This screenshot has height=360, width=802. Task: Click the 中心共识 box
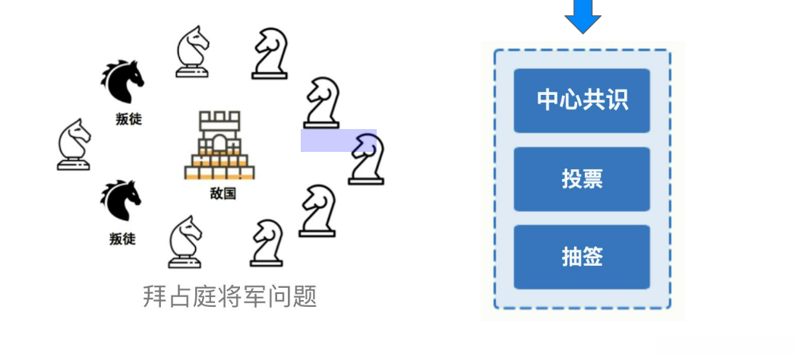tap(582, 100)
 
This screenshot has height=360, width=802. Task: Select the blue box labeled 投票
tap(582, 179)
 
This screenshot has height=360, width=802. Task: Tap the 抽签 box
tap(582, 257)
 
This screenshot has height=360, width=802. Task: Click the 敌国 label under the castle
tap(223, 194)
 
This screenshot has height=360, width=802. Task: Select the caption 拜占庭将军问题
tap(229, 296)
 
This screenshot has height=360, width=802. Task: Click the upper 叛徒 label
tap(128, 119)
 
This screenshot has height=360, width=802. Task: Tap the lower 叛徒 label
tap(122, 239)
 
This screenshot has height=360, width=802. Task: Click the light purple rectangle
tap(338, 141)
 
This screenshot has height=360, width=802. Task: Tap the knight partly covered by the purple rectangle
tap(368, 159)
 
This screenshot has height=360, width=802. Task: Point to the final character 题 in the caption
tap(305, 296)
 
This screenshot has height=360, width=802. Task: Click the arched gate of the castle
tap(219, 144)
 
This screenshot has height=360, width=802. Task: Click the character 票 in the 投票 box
tap(592, 179)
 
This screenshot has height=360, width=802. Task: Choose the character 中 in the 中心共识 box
tap(548, 100)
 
